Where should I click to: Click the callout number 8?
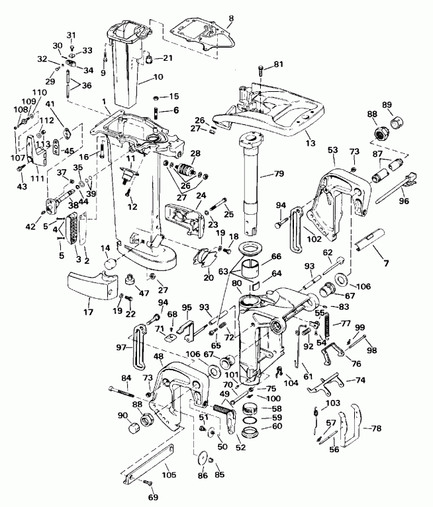[230, 9]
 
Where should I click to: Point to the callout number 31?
[72, 35]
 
